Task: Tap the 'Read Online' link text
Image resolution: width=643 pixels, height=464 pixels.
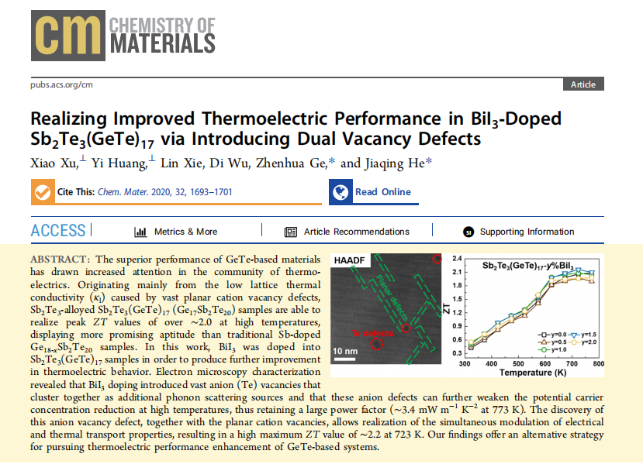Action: pyautogui.click(x=383, y=192)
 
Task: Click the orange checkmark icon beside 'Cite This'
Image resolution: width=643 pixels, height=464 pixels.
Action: pyautogui.click(x=43, y=192)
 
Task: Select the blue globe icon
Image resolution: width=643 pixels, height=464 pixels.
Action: pyautogui.click(x=340, y=192)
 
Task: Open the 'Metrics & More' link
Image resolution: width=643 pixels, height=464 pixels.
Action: pyautogui.click(x=185, y=232)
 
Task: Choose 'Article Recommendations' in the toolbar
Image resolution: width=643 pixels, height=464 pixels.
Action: pyautogui.click(x=356, y=232)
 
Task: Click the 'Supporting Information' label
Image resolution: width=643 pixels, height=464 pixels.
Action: pyautogui.click(x=527, y=232)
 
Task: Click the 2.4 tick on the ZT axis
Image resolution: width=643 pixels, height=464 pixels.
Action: pyautogui.click(x=457, y=257)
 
